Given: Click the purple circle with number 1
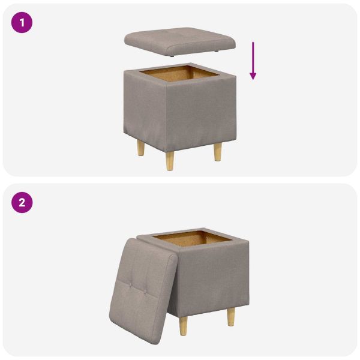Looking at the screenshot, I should click(x=22, y=23).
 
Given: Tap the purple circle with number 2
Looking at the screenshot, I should click(x=22, y=202).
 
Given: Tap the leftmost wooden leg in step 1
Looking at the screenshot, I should click(x=140, y=148).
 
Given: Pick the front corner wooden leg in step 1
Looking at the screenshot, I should click(x=171, y=160).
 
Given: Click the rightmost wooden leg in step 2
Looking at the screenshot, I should click(x=230, y=316).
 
